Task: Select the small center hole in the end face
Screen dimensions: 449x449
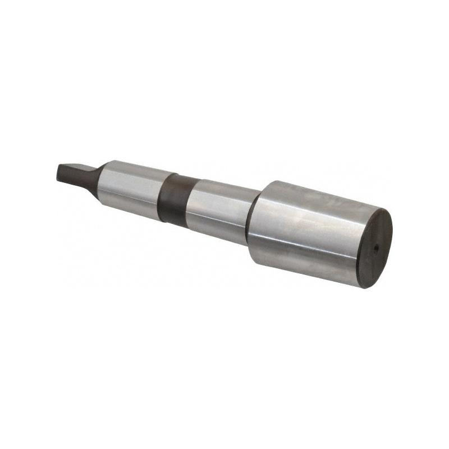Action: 377,245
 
